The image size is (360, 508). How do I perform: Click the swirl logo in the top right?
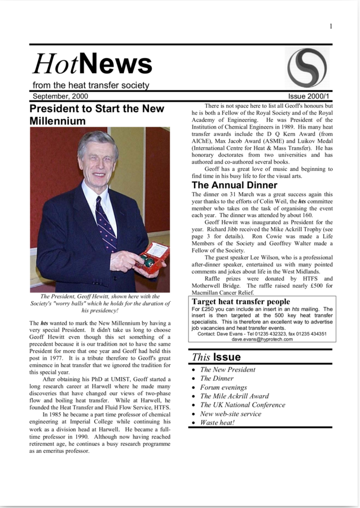[x=306, y=68]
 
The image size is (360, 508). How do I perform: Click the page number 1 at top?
[x=331, y=26]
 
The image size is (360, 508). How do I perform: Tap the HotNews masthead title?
[x=93, y=64]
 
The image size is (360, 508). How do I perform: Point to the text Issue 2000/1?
[x=310, y=96]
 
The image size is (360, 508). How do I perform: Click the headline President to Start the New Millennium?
[x=96, y=114]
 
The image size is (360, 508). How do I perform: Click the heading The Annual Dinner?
[x=234, y=185]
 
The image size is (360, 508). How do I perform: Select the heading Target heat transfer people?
[x=241, y=302]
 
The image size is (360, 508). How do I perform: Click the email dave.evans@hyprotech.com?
[x=262, y=339]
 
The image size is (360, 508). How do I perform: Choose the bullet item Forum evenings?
[x=223, y=387]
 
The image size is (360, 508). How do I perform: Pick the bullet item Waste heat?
[x=217, y=422]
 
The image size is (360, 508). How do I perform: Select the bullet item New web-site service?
[x=231, y=413]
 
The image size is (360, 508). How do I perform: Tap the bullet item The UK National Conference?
[x=243, y=405]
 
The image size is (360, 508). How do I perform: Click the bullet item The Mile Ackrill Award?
[x=234, y=396]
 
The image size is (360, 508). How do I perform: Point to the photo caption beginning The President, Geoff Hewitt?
[x=100, y=303]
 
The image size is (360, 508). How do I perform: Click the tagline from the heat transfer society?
[x=91, y=86]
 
